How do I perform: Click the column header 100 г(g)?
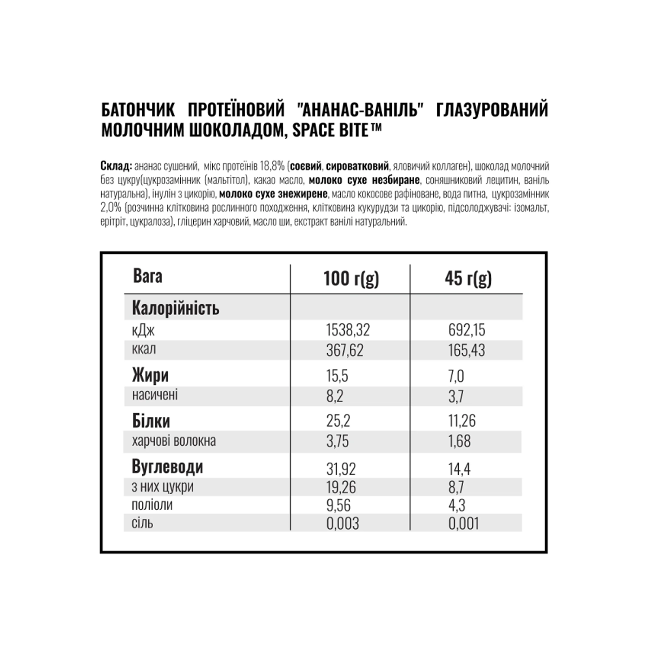pyautogui.click(x=351, y=279)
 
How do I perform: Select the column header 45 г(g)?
pyautogui.click(x=468, y=279)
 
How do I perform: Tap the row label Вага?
pyautogui.click(x=147, y=276)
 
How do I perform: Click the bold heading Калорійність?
pyautogui.click(x=176, y=309)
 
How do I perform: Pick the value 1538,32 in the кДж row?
pyautogui.click(x=348, y=330)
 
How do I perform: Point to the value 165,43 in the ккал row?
pyautogui.click(x=467, y=350)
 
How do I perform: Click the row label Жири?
pyautogui.click(x=150, y=375)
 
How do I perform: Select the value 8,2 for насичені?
pyautogui.click(x=335, y=396)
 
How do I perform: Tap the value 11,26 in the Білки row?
pyautogui.click(x=462, y=421)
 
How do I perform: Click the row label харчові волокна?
pyautogui.click(x=174, y=441)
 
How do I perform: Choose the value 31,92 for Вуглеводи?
pyautogui.click(x=341, y=469)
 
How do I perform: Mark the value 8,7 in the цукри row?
pyautogui.click(x=456, y=487)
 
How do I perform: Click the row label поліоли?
pyautogui.click(x=152, y=505)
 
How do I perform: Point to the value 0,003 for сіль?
pyautogui.click(x=343, y=524)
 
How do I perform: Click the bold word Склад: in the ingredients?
pyautogui.click(x=116, y=166)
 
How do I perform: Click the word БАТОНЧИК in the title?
pyautogui.click(x=138, y=110)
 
